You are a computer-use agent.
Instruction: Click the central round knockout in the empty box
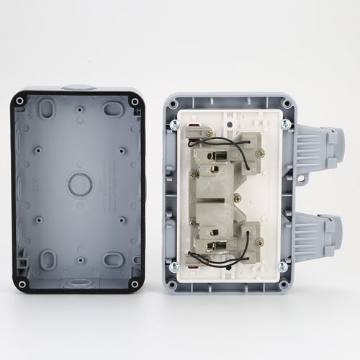coord(80,185)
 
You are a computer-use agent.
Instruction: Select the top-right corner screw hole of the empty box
coord(135,102)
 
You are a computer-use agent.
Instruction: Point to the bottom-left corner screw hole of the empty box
coord(22,284)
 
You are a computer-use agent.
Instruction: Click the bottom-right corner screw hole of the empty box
coord(135,284)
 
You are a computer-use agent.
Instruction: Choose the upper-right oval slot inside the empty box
coord(112,109)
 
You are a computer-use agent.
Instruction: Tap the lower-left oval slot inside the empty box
coord(47,258)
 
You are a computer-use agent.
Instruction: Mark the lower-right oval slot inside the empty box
coord(112,259)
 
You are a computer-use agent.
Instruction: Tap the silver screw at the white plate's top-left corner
coord(174,125)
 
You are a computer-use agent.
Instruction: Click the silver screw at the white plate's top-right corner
coord(286,125)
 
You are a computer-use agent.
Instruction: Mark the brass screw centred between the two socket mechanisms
coord(235,197)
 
